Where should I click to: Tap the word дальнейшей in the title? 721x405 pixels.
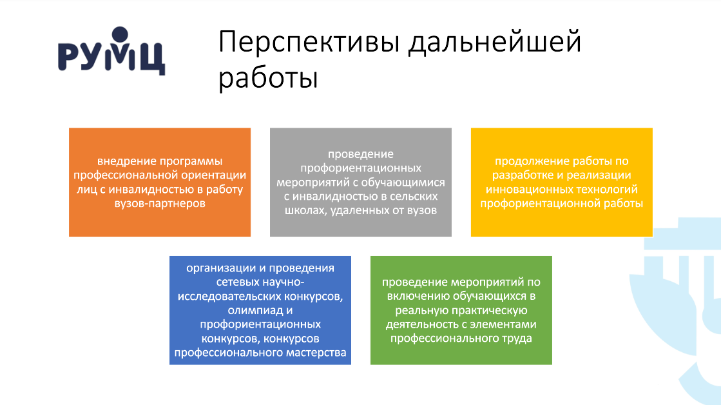(x=495, y=43)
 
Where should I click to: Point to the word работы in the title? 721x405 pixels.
(x=268, y=78)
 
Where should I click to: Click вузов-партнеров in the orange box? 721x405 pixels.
(x=160, y=203)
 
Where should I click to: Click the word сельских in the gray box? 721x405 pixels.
(x=414, y=197)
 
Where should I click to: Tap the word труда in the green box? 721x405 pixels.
(x=517, y=339)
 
